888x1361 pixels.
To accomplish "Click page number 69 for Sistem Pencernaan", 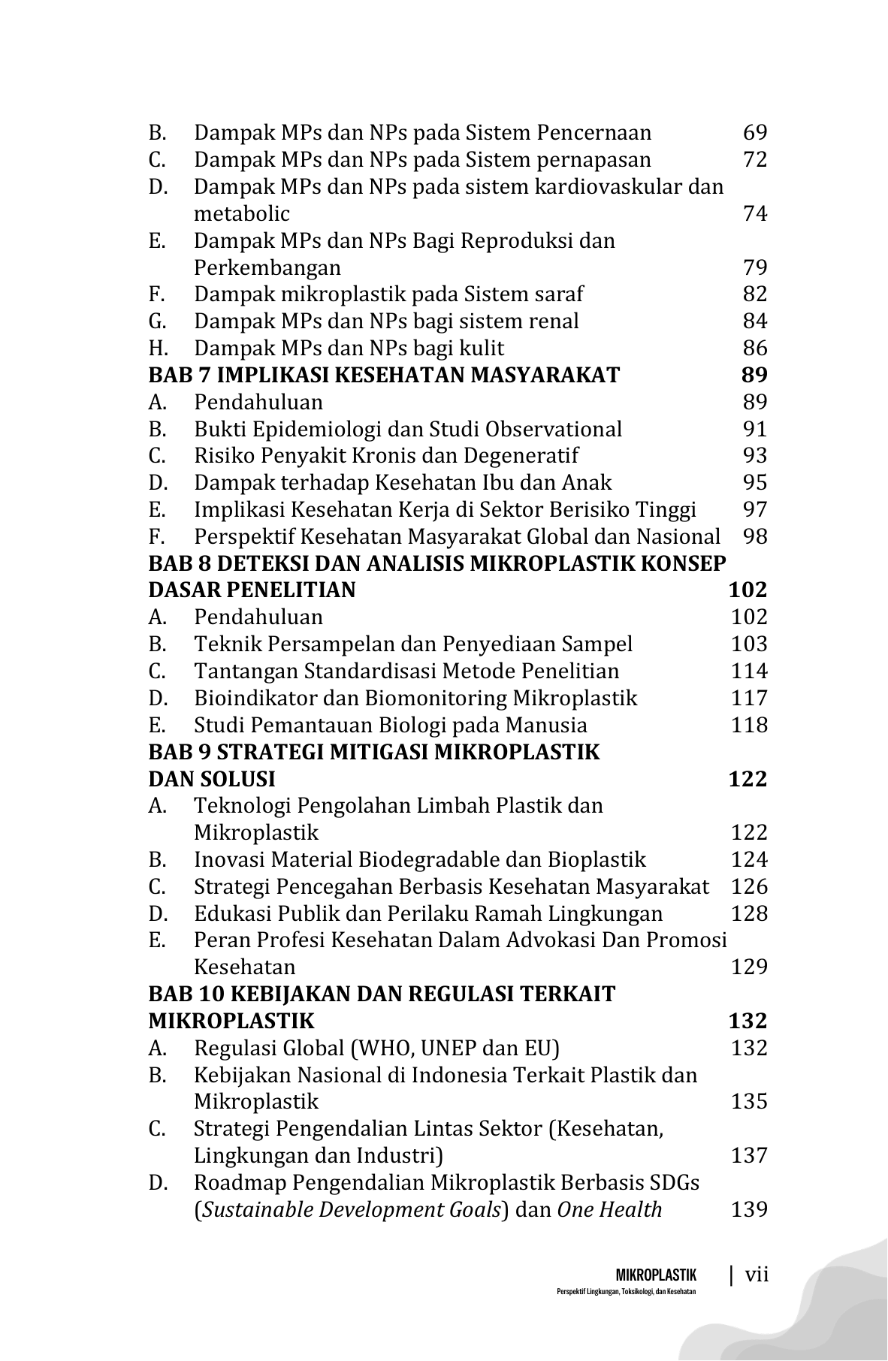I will [754, 133].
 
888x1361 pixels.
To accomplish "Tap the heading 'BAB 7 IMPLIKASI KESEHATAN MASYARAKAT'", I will [384, 375].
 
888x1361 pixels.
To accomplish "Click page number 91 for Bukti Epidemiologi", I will [754, 429].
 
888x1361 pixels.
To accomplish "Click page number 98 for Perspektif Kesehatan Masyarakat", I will [754, 537].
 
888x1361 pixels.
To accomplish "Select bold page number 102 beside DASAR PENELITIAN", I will [748, 590].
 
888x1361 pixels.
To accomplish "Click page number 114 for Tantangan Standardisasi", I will [749, 671].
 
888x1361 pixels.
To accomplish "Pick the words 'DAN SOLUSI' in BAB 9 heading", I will [212, 779].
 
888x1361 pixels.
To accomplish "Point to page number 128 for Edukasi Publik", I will [749, 914].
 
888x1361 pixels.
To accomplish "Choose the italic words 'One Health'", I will [609, 1210].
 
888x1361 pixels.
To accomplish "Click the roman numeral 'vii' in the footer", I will [757, 1275].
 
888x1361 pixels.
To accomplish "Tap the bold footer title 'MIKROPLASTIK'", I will [656, 1275].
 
